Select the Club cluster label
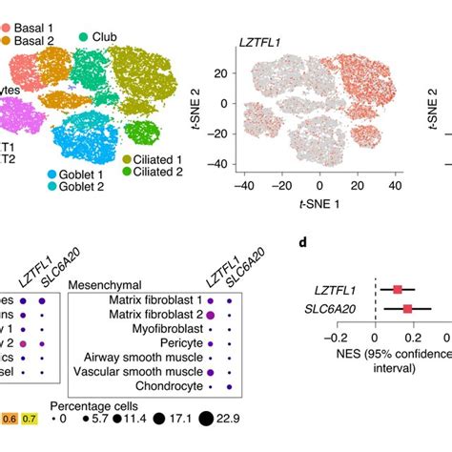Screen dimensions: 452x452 click(x=108, y=36)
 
